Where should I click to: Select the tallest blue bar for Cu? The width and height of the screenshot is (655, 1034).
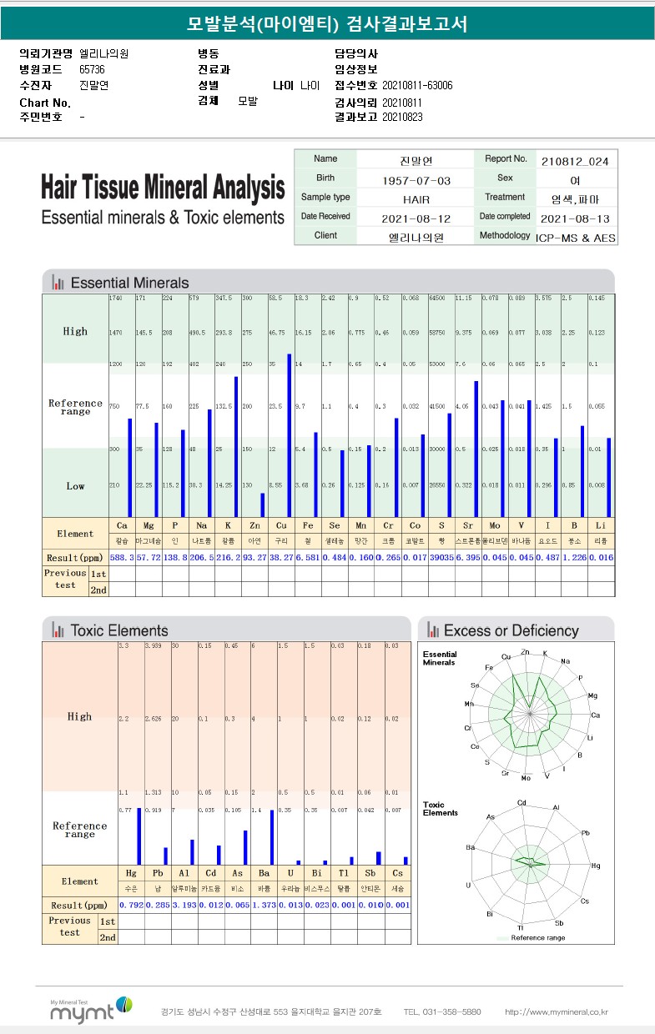point(290,435)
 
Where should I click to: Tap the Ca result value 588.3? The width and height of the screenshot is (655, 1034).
point(122,557)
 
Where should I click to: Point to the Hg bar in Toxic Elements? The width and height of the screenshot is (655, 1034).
point(139,836)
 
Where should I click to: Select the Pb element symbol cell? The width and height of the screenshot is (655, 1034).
point(159,874)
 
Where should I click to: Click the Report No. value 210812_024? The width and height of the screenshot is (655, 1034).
point(575,160)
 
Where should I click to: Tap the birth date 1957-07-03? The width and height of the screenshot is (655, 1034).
point(416,180)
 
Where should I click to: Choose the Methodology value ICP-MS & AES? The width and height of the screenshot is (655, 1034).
point(576,238)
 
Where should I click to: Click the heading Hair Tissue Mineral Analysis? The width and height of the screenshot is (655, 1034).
point(163,187)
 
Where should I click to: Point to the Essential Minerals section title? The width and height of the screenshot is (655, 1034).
point(129,283)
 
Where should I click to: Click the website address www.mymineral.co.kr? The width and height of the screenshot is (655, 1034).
point(557,1012)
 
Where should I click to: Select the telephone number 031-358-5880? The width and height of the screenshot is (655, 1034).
point(441,1012)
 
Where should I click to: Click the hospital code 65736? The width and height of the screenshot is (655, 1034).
point(92,69)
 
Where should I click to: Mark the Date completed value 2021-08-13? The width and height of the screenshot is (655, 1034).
point(575,218)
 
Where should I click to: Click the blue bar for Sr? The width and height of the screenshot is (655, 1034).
point(476,449)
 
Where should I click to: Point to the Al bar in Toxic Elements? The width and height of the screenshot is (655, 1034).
point(192,852)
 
